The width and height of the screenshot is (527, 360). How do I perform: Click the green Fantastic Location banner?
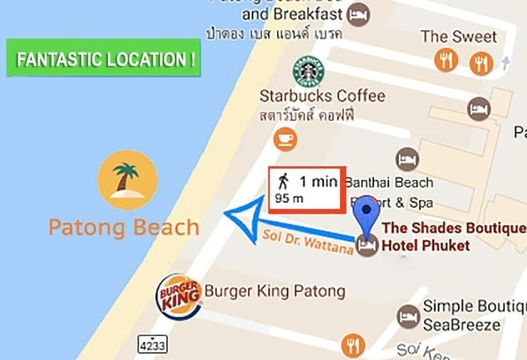(x=103, y=59)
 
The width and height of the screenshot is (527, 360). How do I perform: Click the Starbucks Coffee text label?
(x=322, y=96)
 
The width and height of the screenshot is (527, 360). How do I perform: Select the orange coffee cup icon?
(x=285, y=138)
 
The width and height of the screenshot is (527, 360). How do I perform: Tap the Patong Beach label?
(x=124, y=228)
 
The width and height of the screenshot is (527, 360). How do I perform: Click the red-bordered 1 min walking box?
(x=307, y=188)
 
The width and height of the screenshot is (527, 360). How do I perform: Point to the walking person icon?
(x=283, y=181)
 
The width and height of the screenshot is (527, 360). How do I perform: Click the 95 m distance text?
(x=289, y=199)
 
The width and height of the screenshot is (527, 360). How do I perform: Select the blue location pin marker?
(x=367, y=216)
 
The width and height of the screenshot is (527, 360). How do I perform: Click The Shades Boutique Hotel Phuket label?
(x=453, y=237)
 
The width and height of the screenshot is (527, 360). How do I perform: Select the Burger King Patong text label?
(x=274, y=291)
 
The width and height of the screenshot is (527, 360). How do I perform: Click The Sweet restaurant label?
(x=459, y=37)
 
